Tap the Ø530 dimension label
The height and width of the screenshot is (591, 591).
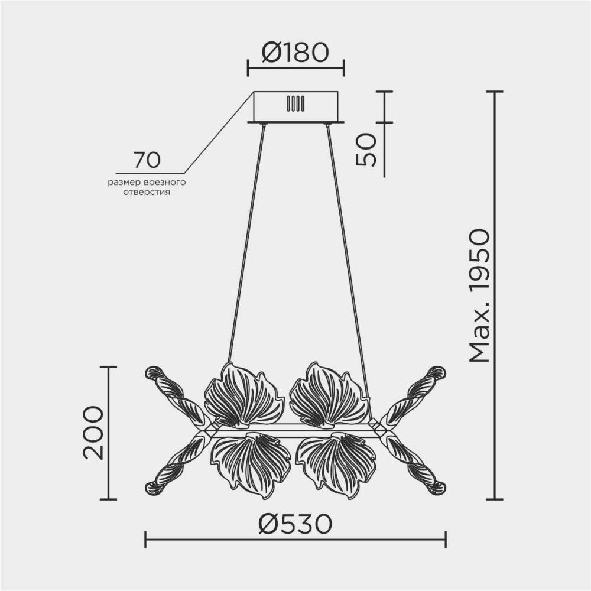[x=295, y=524]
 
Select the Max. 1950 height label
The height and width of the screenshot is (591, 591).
[x=479, y=296]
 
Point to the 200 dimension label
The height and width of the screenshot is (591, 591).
[x=93, y=433]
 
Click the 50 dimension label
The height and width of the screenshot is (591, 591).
[x=366, y=150]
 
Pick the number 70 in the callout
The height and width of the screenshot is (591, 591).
[x=147, y=160]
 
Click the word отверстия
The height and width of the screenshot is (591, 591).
[x=147, y=193]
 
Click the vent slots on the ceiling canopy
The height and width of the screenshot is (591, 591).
[x=295, y=103]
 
